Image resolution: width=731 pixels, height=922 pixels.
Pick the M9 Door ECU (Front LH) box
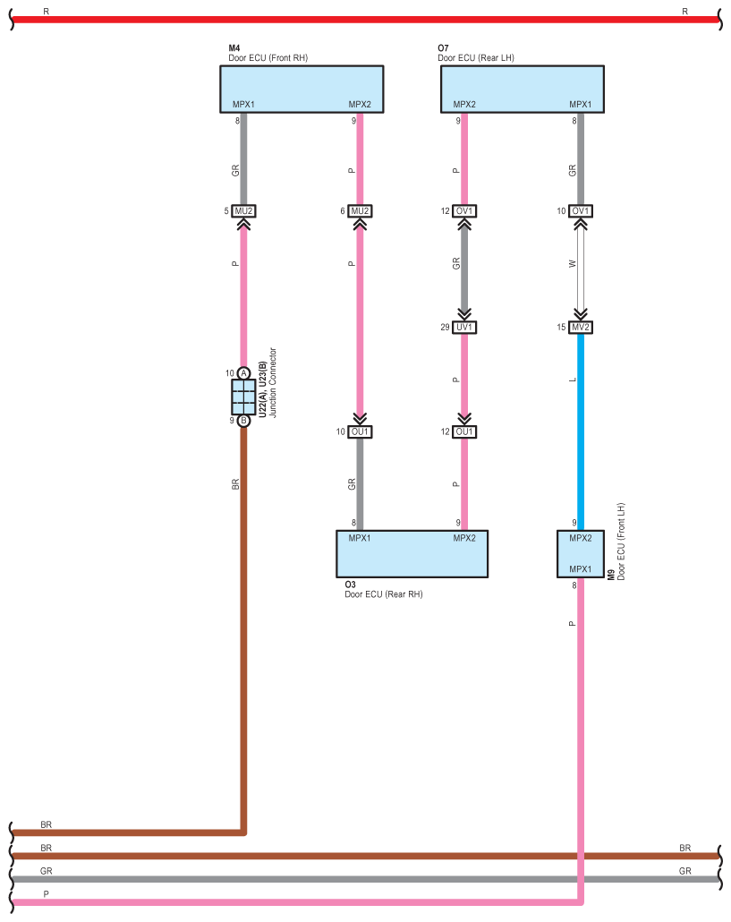click(x=580, y=554)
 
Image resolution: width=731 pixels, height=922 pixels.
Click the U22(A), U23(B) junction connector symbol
click(x=243, y=397)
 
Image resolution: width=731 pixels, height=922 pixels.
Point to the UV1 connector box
click(x=464, y=328)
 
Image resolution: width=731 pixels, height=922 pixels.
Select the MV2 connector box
click(x=581, y=328)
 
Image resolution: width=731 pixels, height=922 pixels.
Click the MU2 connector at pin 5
click(x=243, y=211)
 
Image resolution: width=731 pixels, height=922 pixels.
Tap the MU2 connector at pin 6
click(x=360, y=211)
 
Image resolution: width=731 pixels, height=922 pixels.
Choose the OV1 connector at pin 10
click(x=581, y=211)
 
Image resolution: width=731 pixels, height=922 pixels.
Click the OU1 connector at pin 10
click(x=360, y=432)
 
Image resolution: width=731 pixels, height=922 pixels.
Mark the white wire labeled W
click(x=581, y=269)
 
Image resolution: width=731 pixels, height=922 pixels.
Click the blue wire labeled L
click(x=581, y=430)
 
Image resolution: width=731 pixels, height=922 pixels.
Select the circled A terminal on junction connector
click(x=243, y=373)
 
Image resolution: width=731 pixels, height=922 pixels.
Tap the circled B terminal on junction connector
click(x=243, y=420)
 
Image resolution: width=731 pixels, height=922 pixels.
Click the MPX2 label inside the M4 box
click(x=360, y=105)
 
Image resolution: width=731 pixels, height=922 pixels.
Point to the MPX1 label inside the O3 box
click(x=360, y=538)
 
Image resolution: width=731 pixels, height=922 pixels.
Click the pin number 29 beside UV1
click(x=445, y=328)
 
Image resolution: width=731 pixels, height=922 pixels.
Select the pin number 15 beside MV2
click(x=562, y=328)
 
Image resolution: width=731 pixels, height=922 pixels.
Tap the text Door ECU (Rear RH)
click(x=383, y=593)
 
